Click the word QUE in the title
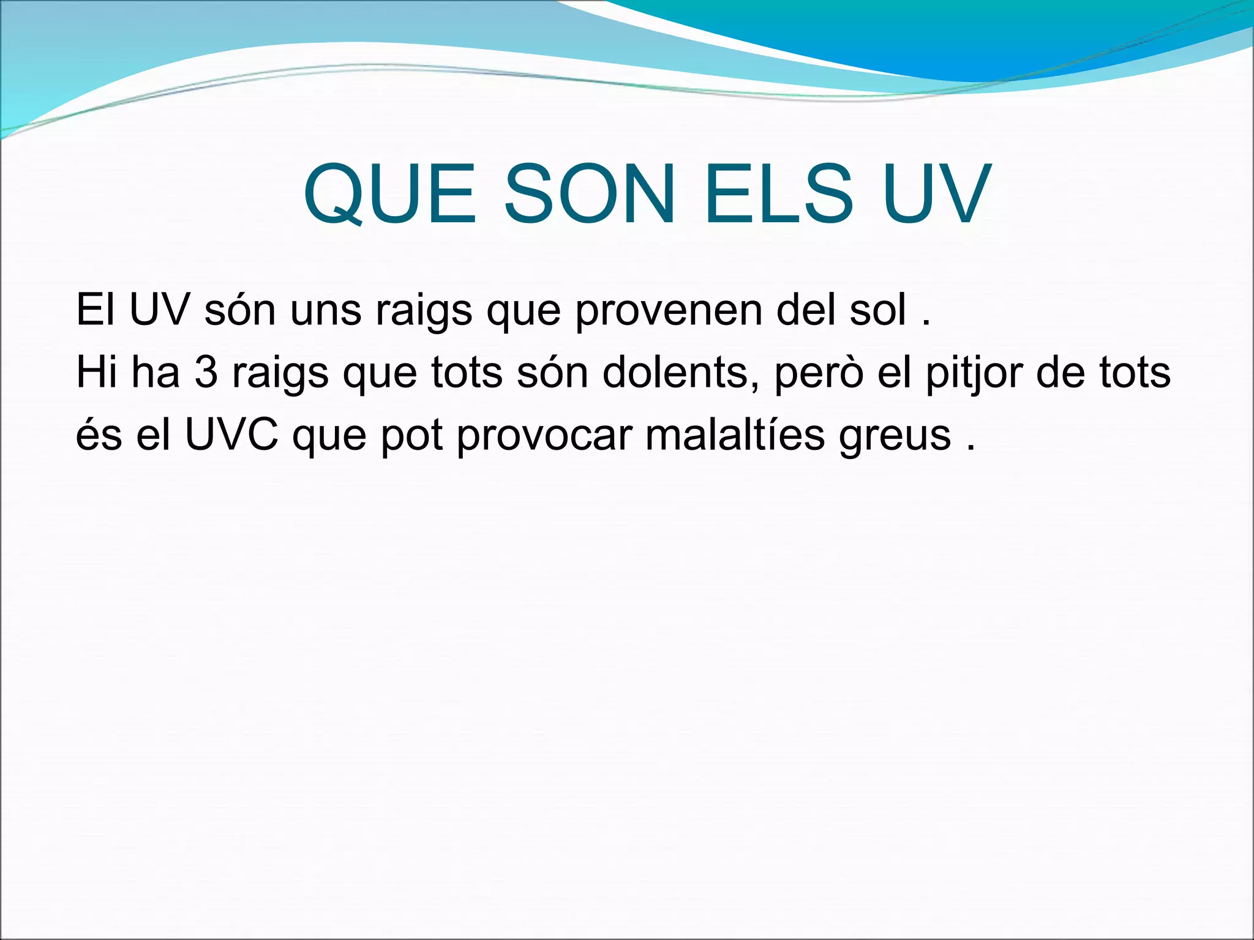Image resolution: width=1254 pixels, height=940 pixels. click(389, 195)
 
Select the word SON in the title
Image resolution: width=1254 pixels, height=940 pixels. click(590, 195)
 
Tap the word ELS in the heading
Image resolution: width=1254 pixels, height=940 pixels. click(778, 195)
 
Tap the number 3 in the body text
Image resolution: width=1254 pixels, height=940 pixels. click(206, 372)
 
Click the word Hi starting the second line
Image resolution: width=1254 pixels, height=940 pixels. click(96, 372)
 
